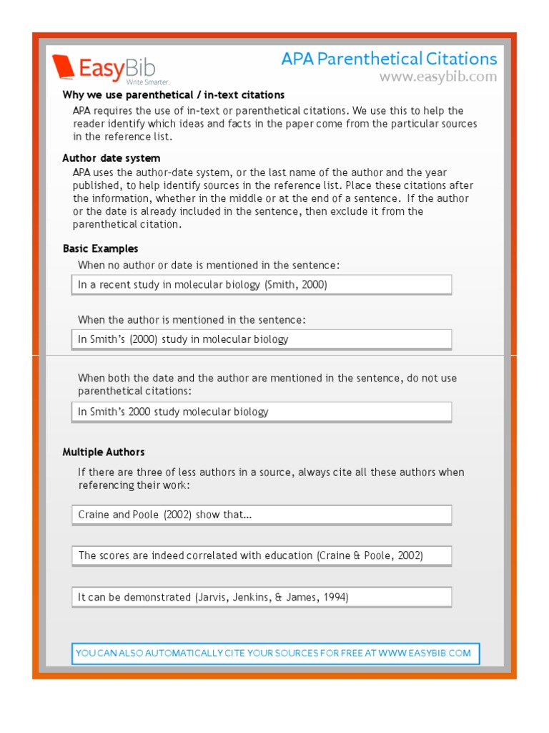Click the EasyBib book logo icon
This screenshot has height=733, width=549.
click(64, 67)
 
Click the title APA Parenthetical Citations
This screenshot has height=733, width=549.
click(389, 59)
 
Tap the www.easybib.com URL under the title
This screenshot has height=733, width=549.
click(437, 77)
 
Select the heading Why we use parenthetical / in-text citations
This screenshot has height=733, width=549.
click(174, 95)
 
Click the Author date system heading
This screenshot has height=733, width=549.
click(112, 158)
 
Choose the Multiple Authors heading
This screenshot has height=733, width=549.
click(104, 452)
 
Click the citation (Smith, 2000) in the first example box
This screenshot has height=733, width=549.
click(295, 285)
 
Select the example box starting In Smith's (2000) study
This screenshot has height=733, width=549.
click(261, 339)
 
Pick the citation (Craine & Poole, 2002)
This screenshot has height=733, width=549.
click(370, 556)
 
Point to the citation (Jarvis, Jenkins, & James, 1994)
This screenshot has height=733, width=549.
click(272, 597)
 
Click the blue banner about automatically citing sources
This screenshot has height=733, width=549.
click(275, 653)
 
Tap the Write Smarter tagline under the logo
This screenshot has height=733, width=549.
click(148, 83)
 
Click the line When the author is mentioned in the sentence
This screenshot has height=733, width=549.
click(192, 320)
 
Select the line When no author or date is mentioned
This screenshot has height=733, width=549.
click(209, 266)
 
